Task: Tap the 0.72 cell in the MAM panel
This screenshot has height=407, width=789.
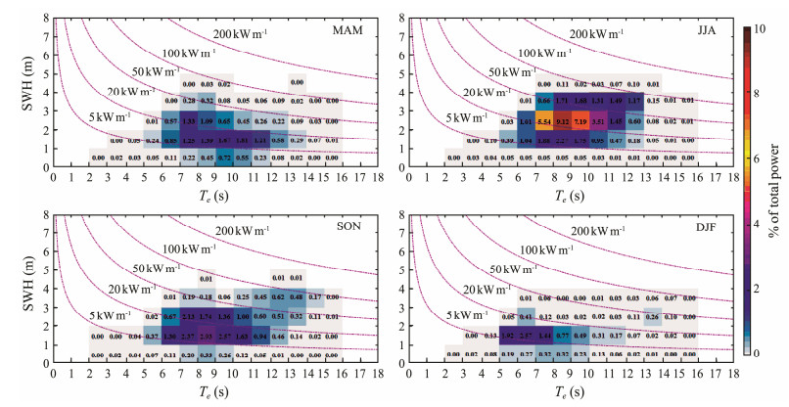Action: pyautogui.click(x=225, y=157)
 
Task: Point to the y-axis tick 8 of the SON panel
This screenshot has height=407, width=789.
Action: pyautogui.click(x=47, y=212)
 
